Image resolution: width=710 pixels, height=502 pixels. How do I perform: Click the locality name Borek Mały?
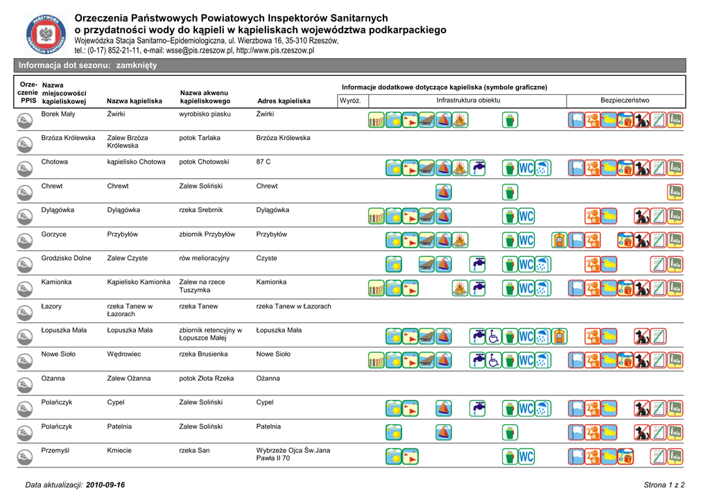point(58,114)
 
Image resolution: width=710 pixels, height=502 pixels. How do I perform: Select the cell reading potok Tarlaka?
point(200,138)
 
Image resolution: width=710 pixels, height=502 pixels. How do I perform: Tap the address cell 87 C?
point(263,162)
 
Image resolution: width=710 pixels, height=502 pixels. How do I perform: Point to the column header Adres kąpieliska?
point(284,101)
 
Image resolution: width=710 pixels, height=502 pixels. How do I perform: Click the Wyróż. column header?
point(351,101)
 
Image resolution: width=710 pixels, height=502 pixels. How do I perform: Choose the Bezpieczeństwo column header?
point(625,101)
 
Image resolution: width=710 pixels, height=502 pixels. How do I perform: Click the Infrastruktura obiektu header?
point(468,101)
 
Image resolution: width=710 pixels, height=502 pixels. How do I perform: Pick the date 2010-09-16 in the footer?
point(105,485)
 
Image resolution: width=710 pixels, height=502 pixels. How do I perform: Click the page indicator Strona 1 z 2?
point(664,485)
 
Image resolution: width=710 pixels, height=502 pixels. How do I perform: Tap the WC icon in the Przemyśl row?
point(526,457)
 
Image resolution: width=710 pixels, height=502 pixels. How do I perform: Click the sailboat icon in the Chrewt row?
point(444,193)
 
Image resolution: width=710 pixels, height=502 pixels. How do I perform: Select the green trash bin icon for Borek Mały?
point(510,121)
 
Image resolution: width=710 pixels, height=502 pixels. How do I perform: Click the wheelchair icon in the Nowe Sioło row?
point(494,361)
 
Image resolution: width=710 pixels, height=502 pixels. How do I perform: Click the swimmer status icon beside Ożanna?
point(23,385)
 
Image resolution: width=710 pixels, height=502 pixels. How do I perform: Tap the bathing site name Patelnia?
point(119,426)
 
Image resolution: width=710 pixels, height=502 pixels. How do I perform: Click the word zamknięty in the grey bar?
point(137,65)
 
